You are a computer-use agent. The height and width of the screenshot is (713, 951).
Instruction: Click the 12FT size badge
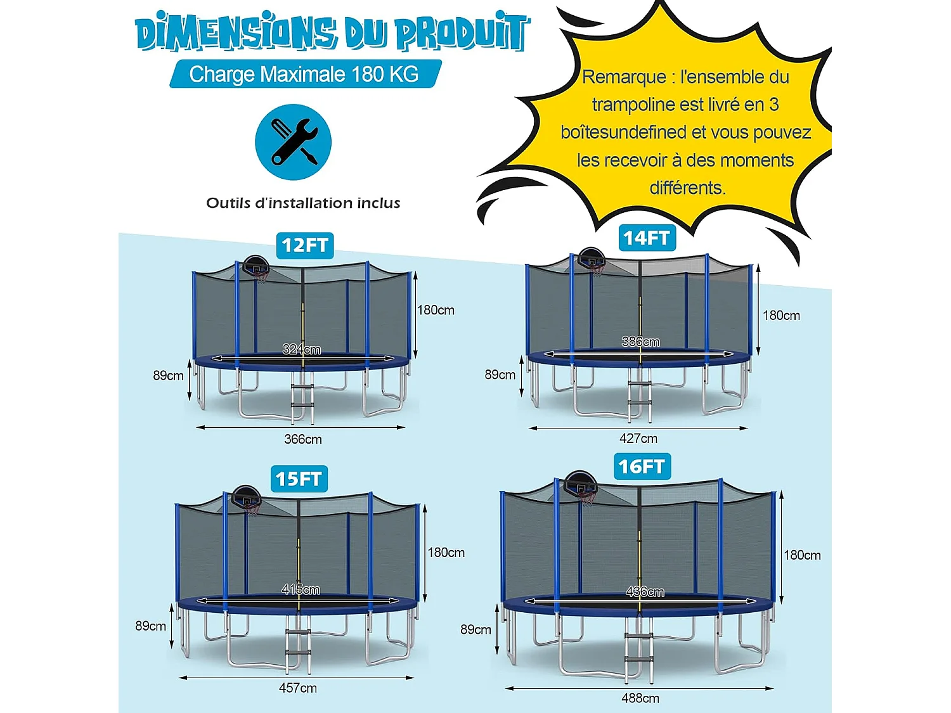(305, 245)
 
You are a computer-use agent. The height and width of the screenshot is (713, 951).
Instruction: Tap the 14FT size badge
(647, 238)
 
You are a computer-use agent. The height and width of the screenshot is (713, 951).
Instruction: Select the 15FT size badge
(299, 479)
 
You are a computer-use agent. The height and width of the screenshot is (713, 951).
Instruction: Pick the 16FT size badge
(642, 466)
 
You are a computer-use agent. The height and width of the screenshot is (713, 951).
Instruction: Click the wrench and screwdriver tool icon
(293, 142)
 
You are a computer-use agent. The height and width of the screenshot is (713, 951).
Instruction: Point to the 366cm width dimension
(303, 439)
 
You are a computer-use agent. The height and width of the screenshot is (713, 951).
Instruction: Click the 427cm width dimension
(638, 439)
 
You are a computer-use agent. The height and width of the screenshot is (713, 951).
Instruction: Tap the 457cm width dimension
(298, 688)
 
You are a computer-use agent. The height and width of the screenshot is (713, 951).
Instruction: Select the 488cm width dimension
(640, 698)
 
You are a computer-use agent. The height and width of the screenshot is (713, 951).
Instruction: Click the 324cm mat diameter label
(302, 349)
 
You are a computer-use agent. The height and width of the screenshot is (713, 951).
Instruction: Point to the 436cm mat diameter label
(645, 592)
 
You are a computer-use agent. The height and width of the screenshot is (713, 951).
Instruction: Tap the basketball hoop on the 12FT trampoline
(257, 267)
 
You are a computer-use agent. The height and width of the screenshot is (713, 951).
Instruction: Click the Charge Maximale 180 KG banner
(304, 74)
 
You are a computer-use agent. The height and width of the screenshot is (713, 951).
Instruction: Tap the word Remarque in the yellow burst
(624, 77)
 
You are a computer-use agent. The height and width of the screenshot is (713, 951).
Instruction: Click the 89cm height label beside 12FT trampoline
(168, 376)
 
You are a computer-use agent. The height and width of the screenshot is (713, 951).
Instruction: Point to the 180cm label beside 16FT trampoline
(802, 555)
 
